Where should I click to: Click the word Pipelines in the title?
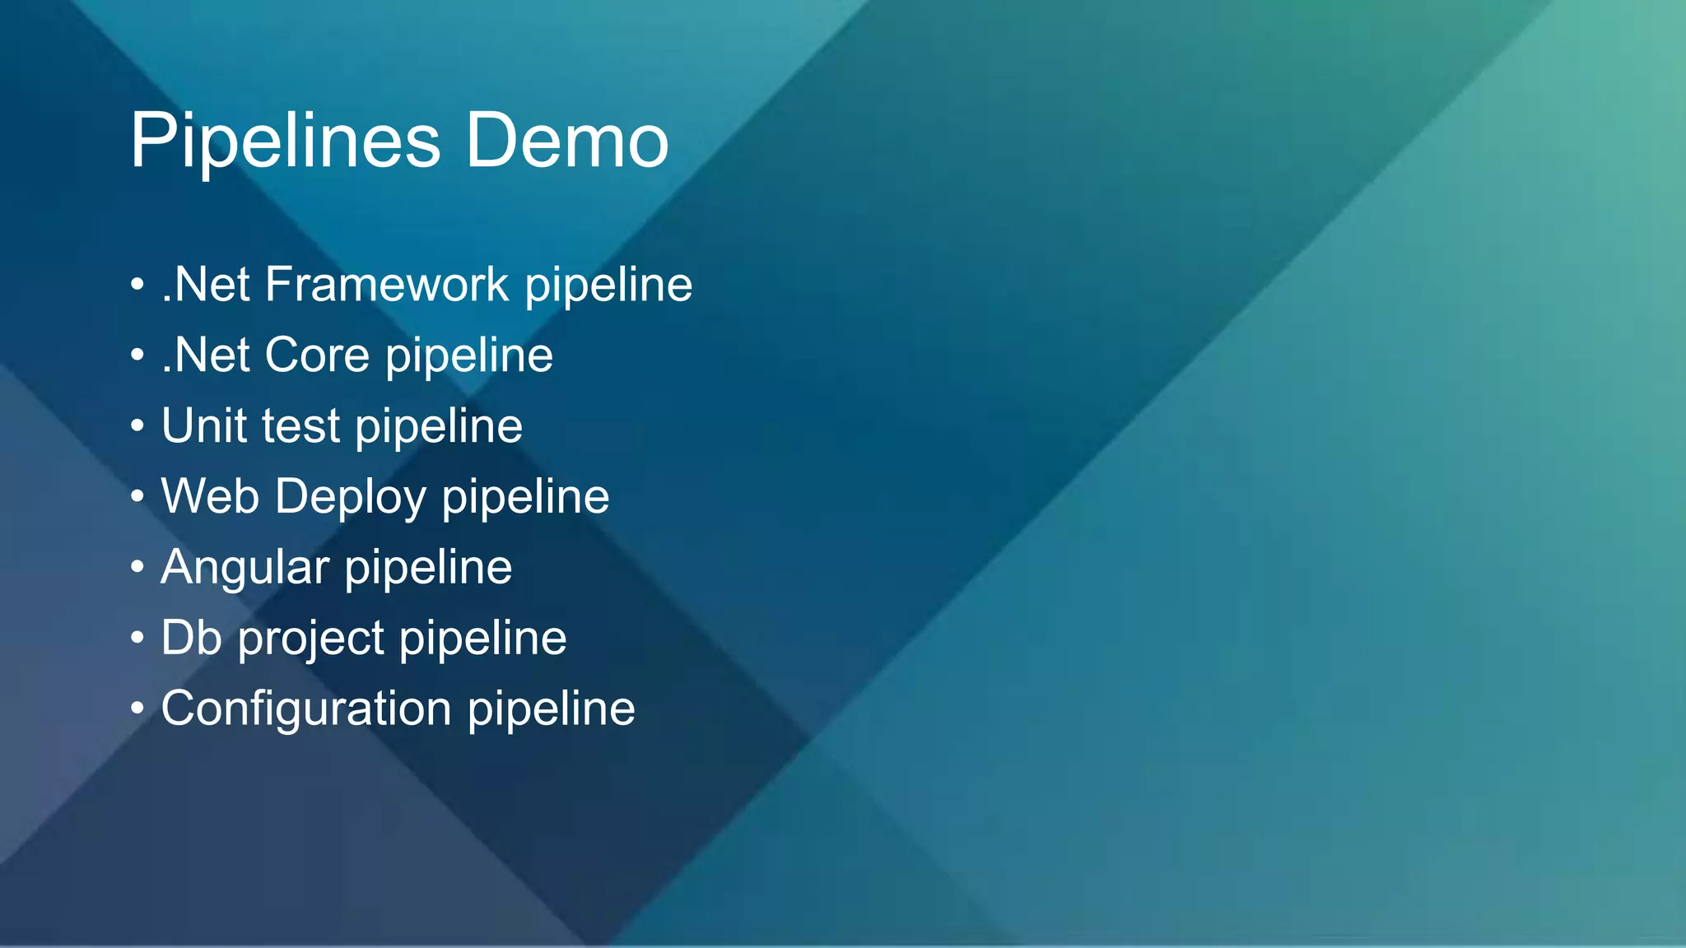pyautogui.click(x=285, y=142)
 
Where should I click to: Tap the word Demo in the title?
pyautogui.click(x=567, y=142)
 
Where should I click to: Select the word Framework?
pyautogui.click(x=387, y=285)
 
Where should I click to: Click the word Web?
pyautogui.click(x=210, y=496)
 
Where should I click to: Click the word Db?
pyautogui.click(x=191, y=638)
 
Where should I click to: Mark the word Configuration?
pyautogui.click(x=306, y=709)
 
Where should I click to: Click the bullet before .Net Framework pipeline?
pyautogui.click(x=137, y=286)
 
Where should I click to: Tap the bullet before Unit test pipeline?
pyautogui.click(x=137, y=427)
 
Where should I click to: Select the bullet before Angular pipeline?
pyautogui.click(x=137, y=568)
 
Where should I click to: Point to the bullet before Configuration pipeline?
pyautogui.click(x=137, y=709)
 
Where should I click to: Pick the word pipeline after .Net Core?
pyautogui.click(x=469, y=357)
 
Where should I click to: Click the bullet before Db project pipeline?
pyautogui.click(x=137, y=638)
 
